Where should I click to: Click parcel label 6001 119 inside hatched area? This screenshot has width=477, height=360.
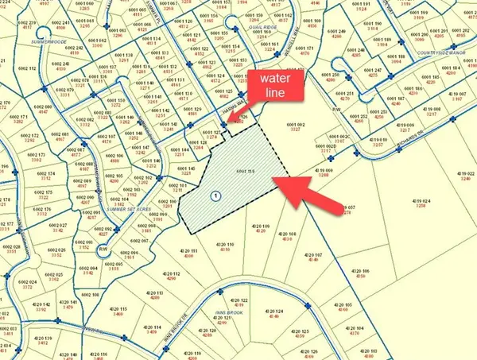tap(245, 172)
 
